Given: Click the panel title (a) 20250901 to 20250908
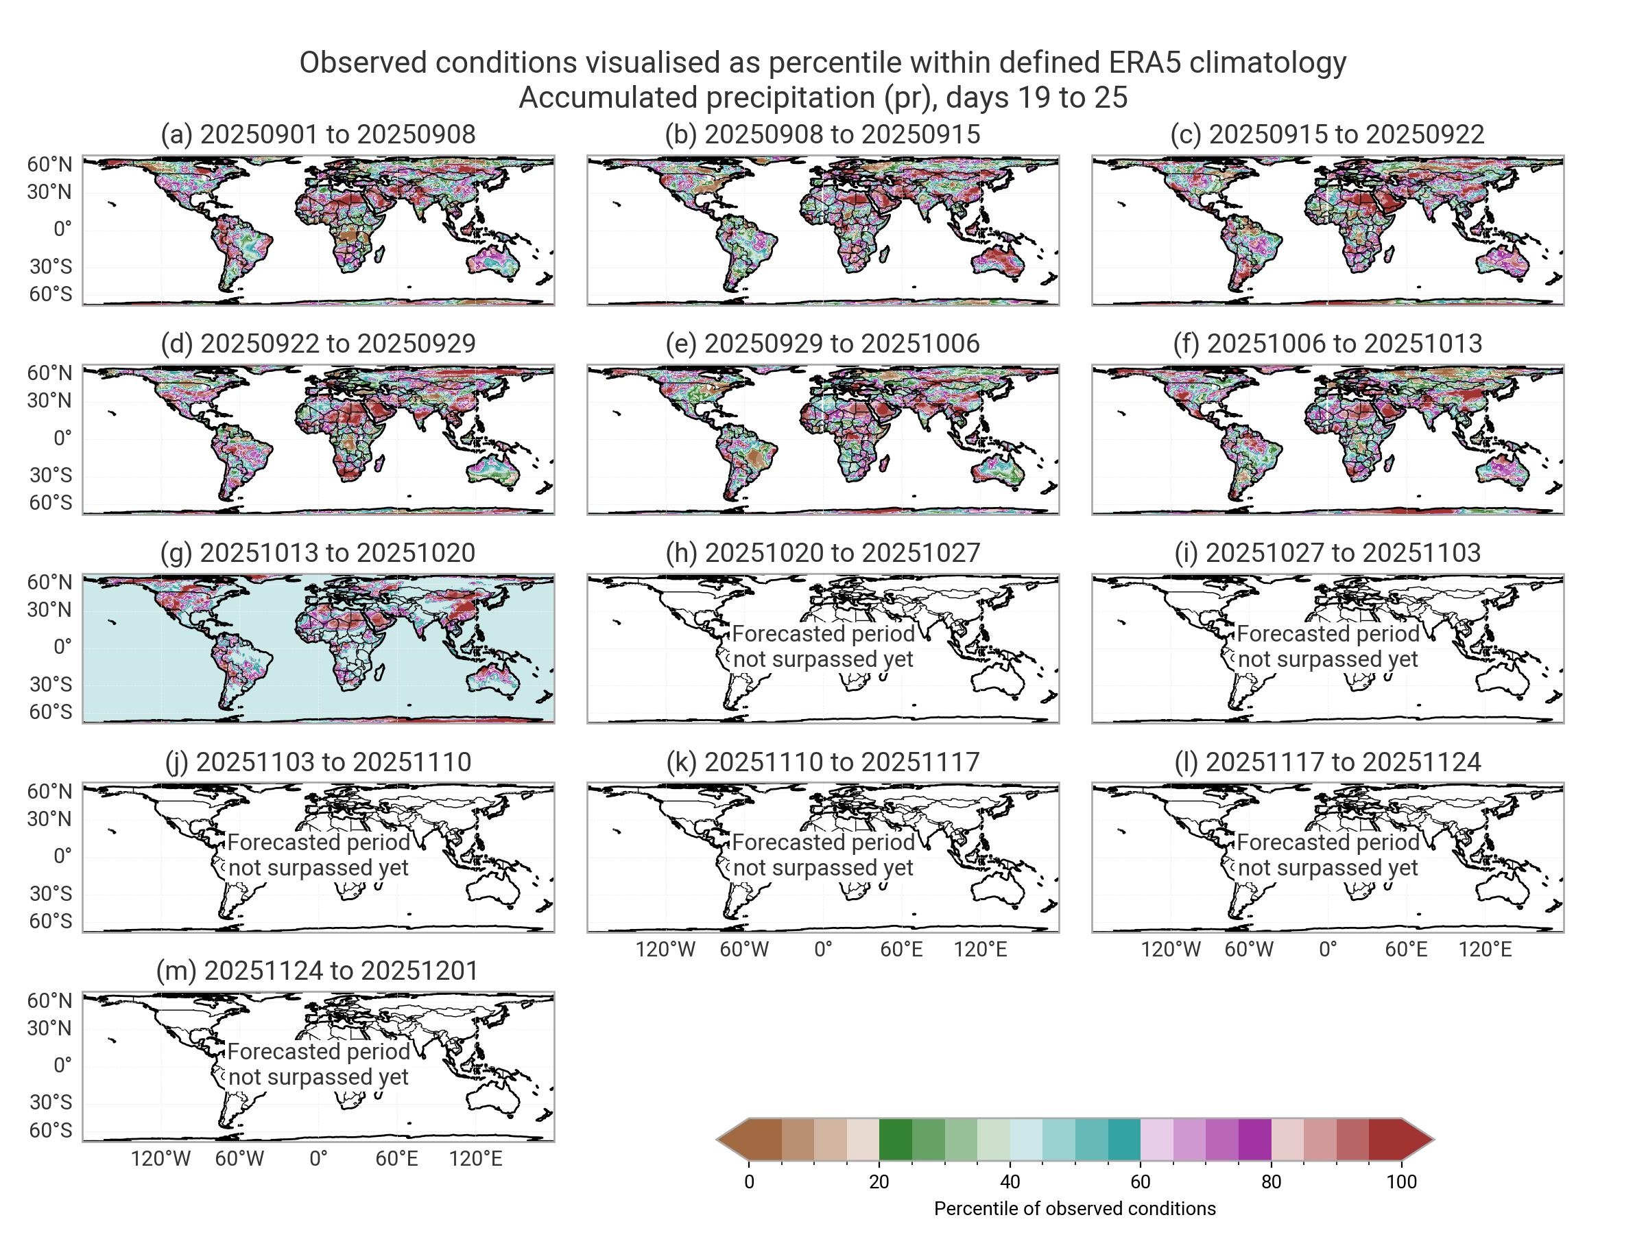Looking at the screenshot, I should (318, 134).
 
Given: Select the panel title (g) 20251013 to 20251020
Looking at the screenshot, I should (318, 553).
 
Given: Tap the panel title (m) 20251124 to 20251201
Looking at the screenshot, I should (318, 971).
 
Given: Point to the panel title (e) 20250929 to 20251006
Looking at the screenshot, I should (822, 344).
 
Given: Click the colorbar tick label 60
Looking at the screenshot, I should (1140, 1182).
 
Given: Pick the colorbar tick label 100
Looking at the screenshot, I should (1401, 1182).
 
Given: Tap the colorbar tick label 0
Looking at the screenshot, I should (750, 1182).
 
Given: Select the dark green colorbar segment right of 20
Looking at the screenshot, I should (895, 1140).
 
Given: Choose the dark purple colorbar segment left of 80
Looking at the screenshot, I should (1254, 1140).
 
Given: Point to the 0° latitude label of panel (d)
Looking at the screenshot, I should (62, 438).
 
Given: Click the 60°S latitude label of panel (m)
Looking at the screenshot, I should (51, 1131).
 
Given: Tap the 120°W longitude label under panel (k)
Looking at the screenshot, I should (665, 950).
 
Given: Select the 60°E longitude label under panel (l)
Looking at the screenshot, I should (1406, 950).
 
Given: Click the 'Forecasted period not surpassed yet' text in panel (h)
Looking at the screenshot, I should (823, 647).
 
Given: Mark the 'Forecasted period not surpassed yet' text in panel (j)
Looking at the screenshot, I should (318, 856).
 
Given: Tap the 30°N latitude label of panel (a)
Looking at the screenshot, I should (51, 193).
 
